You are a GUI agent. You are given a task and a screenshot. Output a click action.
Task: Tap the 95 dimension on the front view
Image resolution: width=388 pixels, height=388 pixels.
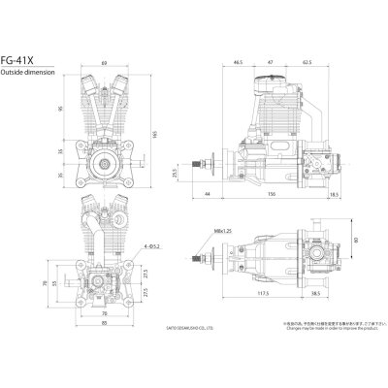click(60, 109)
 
